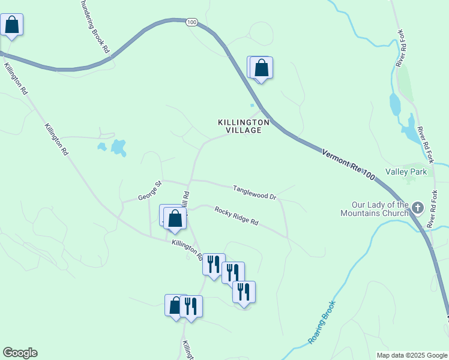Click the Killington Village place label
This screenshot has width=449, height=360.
(243, 126)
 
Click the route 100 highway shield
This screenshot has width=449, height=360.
(191, 22)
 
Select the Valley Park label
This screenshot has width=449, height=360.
(406, 172)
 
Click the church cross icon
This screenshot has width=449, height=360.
(418, 209)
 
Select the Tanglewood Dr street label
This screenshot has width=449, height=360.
(254, 192)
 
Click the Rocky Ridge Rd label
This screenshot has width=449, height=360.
(236, 216)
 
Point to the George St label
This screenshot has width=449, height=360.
(150, 191)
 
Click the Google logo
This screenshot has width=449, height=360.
(20, 353)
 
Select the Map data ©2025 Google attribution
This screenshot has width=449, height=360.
(412, 355)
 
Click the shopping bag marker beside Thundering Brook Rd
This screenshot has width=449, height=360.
(12, 25)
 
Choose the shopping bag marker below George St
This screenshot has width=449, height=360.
(175, 218)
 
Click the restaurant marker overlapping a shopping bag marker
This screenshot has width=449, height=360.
(191, 306)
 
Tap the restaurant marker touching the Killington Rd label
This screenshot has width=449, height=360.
(213, 264)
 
